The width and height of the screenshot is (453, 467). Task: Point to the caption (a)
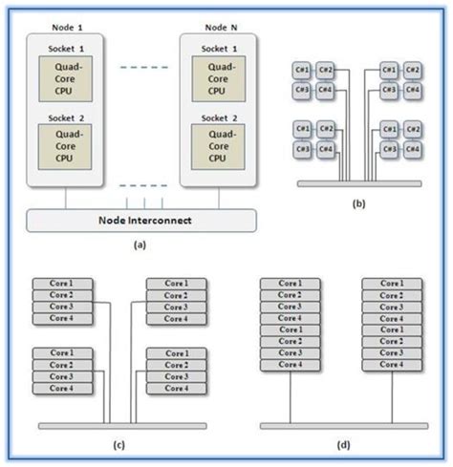click(x=140, y=244)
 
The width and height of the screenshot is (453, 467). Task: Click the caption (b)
click(x=357, y=203)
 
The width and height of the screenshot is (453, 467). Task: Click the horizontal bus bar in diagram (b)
click(x=357, y=182)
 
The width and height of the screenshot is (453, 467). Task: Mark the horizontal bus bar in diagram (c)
click(x=119, y=425)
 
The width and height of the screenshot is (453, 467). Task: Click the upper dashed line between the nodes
click(x=140, y=67)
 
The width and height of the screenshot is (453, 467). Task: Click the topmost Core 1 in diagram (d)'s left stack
click(x=291, y=284)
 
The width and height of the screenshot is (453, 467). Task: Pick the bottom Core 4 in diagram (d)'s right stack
click(x=392, y=365)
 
